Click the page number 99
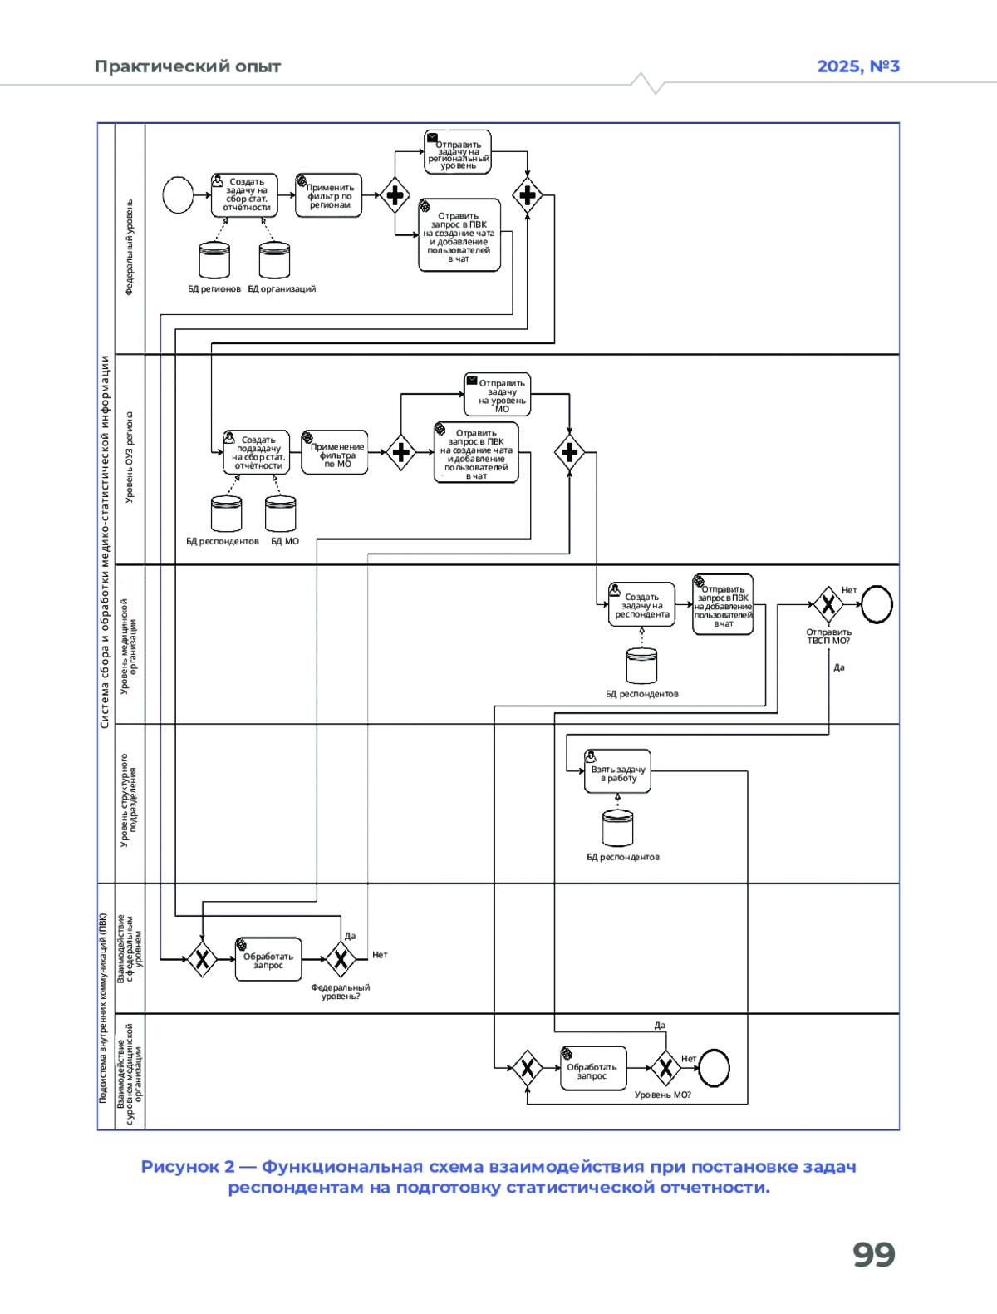coord(873,1254)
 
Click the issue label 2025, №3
coord(857,66)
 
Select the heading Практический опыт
coord(188,66)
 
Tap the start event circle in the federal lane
coord(178,195)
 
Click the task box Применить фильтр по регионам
coord(329,195)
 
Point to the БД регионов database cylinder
coord(214,260)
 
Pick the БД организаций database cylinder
coord(274,260)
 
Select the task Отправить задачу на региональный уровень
coord(458,152)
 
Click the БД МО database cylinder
coord(280,514)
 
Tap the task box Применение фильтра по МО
coord(335,453)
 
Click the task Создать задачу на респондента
coord(641,604)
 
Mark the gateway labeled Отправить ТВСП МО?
coord(828,604)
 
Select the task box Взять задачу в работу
coord(617,772)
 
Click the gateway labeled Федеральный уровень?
coord(341,959)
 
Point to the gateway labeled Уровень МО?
coord(665,1068)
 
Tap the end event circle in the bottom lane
coord(714,1068)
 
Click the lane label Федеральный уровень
coord(130,247)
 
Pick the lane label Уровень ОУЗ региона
coord(130,457)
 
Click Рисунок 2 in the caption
coord(187,1167)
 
